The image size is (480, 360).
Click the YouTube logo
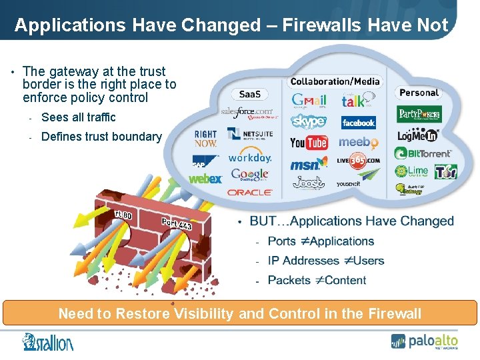coord(309,142)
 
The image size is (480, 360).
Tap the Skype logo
coord(309,121)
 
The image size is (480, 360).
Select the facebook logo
coord(359,123)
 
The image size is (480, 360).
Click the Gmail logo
coord(309,101)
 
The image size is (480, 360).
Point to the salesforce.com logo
coord(247,113)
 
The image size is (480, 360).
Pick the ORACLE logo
coord(249,192)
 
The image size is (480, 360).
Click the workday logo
coord(249,158)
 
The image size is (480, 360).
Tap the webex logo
coord(205,179)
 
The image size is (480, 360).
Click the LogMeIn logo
coord(417,135)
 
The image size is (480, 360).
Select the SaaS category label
coord(250,95)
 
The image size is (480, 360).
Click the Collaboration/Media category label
coord(335,81)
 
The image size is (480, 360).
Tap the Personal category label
coord(419,93)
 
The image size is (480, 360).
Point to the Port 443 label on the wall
coord(177,225)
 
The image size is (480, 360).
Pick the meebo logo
coord(359,143)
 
